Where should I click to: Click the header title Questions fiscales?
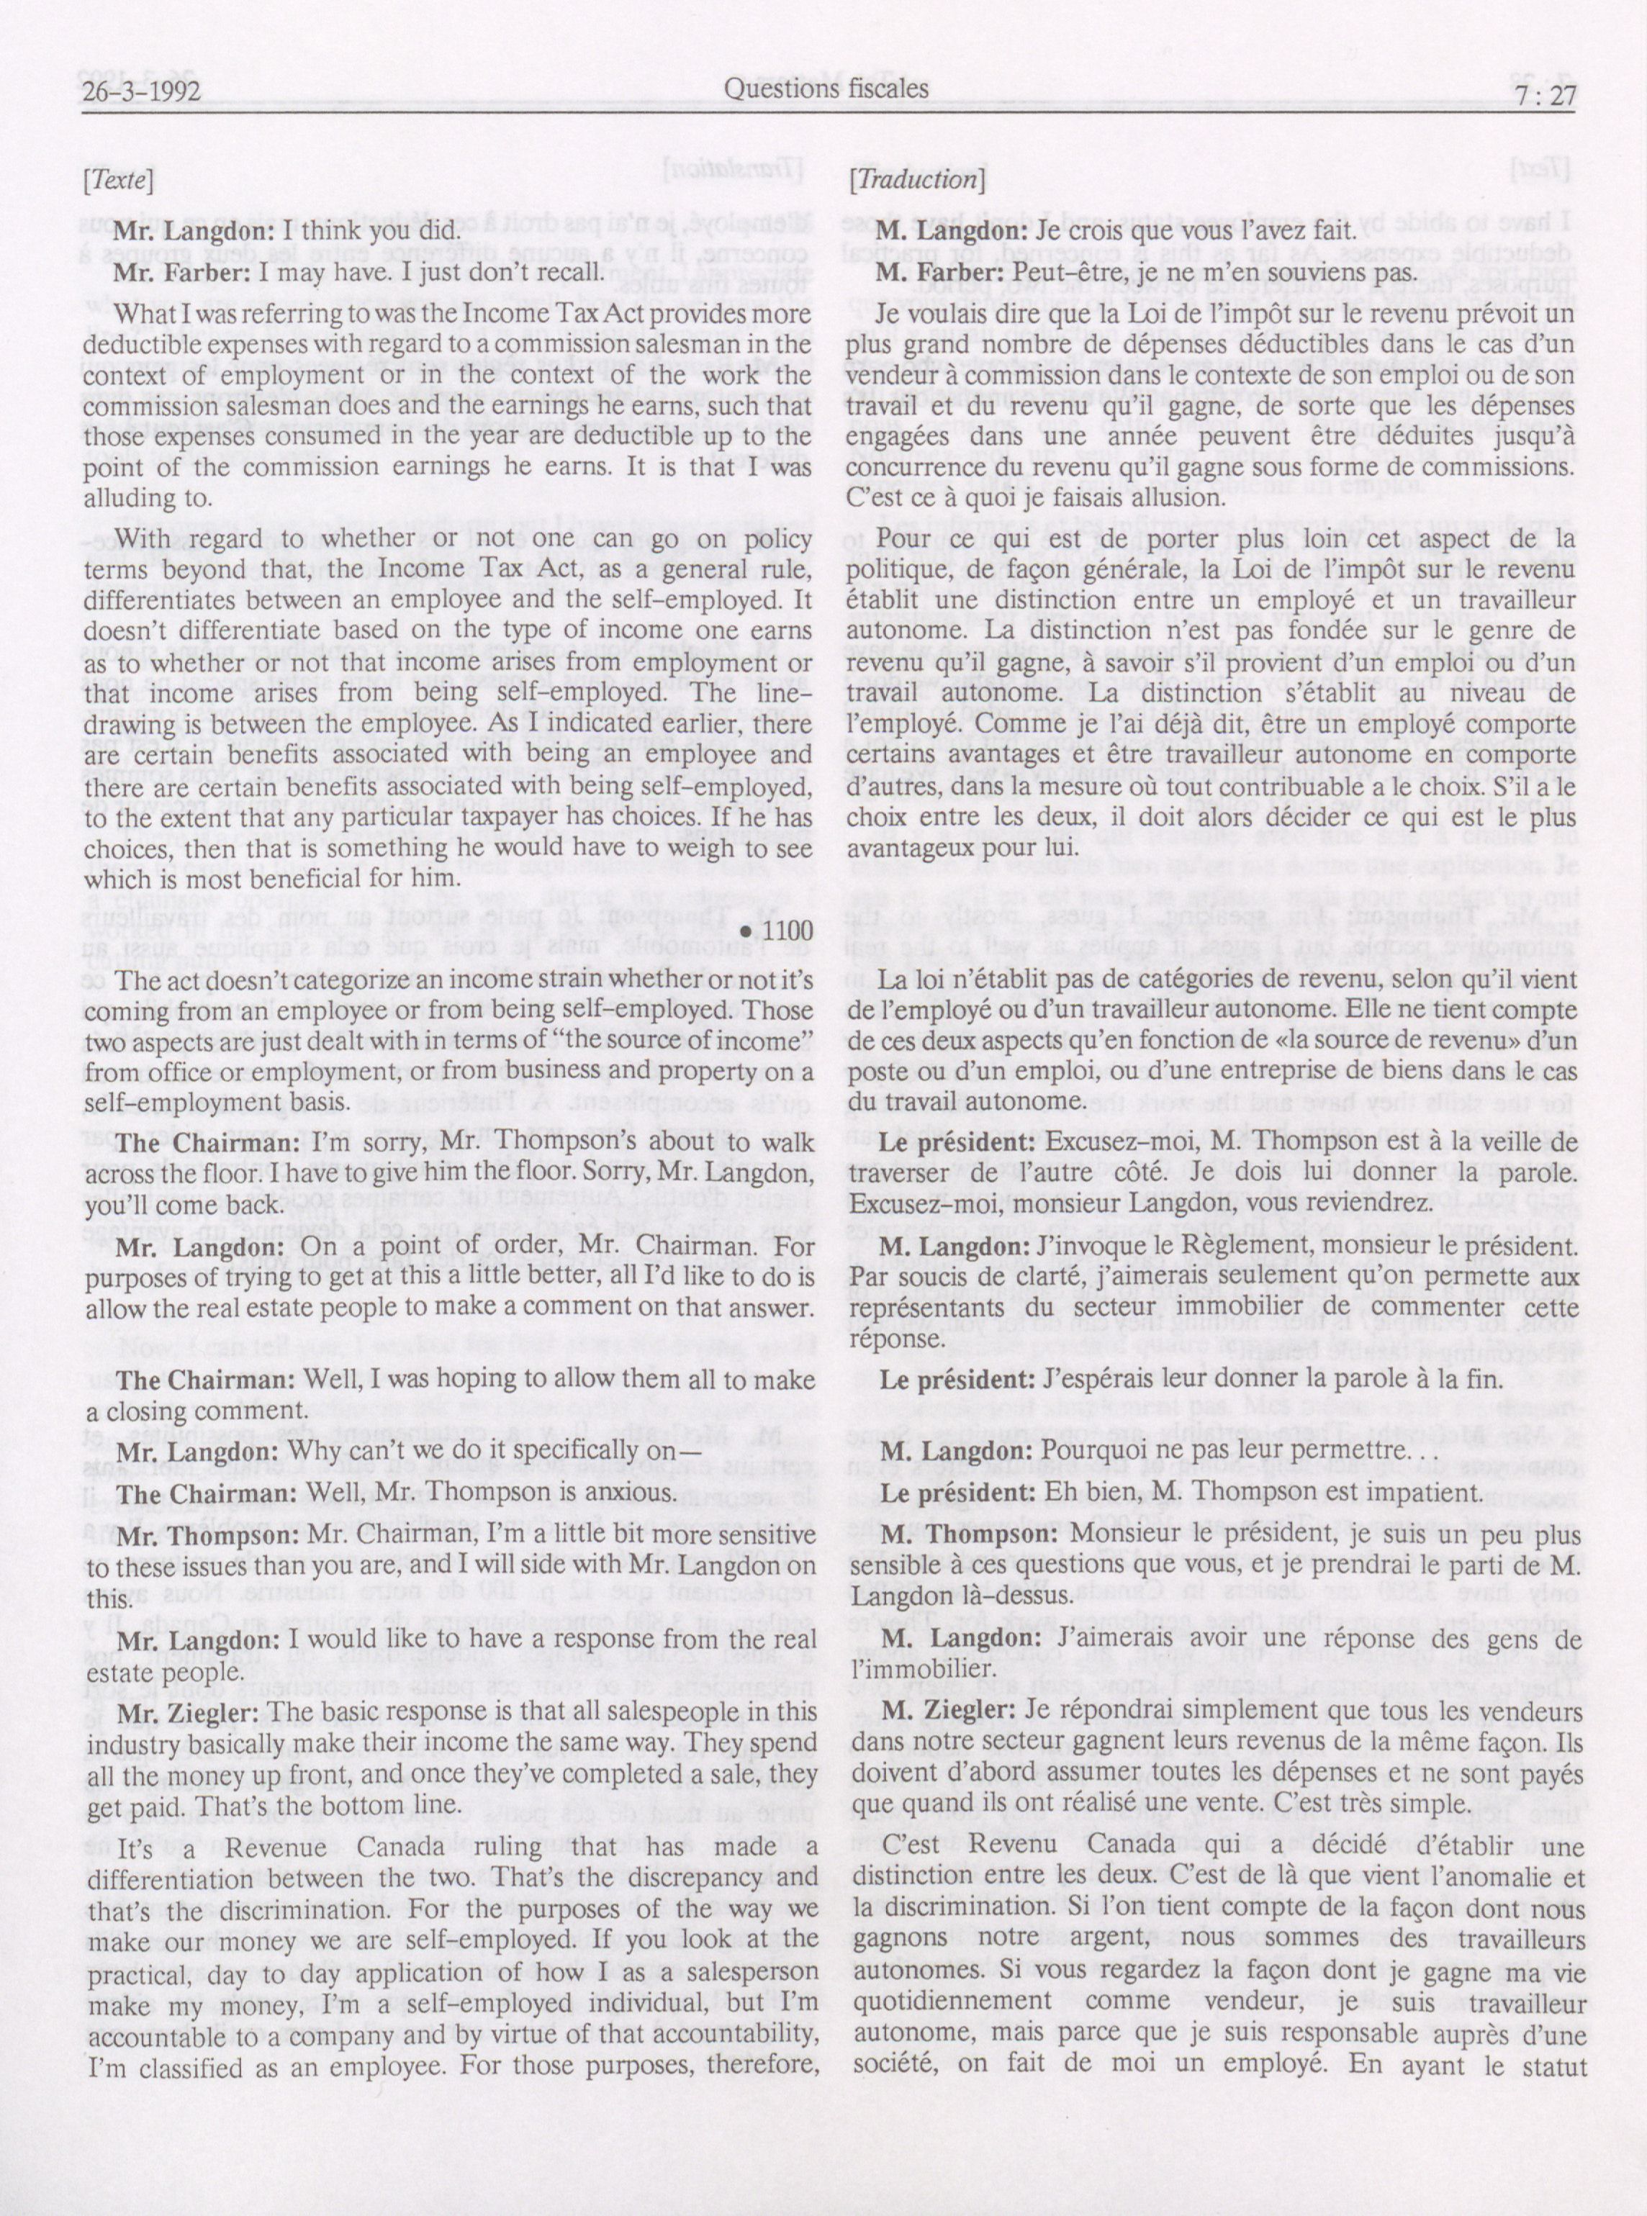[x=826, y=90]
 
